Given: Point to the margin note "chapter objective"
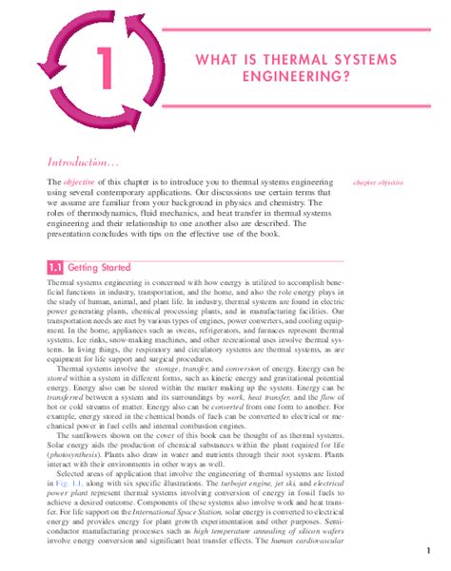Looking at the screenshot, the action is [x=379, y=181].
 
